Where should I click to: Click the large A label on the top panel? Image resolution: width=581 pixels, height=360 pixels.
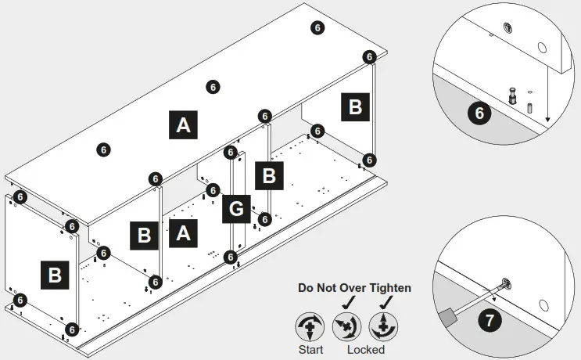click(182, 124)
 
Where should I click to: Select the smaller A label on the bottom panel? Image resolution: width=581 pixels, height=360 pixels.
click(182, 232)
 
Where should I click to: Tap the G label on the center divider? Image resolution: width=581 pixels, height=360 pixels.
click(235, 209)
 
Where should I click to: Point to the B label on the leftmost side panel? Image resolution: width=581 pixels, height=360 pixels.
click(56, 275)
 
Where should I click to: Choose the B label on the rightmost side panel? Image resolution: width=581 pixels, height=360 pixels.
click(355, 106)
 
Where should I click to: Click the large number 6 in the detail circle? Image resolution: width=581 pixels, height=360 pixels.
click(479, 113)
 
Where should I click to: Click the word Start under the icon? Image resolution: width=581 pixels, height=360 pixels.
click(310, 349)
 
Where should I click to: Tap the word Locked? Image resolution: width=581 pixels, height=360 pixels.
click(365, 349)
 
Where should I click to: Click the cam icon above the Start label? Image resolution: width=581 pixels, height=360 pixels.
click(310, 325)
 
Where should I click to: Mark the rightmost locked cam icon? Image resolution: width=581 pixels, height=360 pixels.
click(382, 325)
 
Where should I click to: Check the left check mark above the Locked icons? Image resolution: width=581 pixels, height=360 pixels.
click(346, 302)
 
